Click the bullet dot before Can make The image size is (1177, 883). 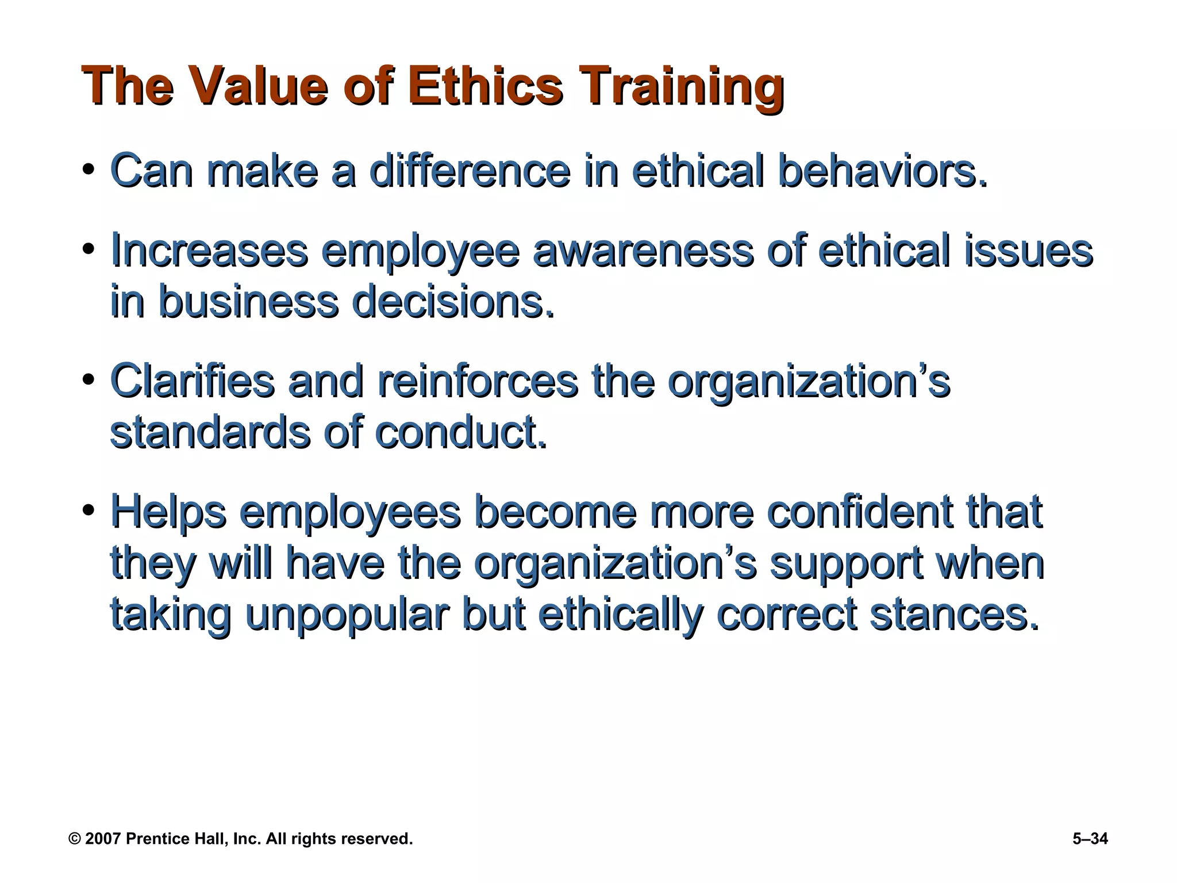click(88, 171)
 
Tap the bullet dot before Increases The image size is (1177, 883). click(88, 249)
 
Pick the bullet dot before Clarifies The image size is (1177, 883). click(88, 380)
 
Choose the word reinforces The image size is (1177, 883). click(477, 380)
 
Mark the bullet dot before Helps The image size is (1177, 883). click(88, 510)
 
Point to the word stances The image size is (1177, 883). click(955, 614)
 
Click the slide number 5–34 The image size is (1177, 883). click(1090, 839)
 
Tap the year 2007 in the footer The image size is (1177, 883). click(103, 839)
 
